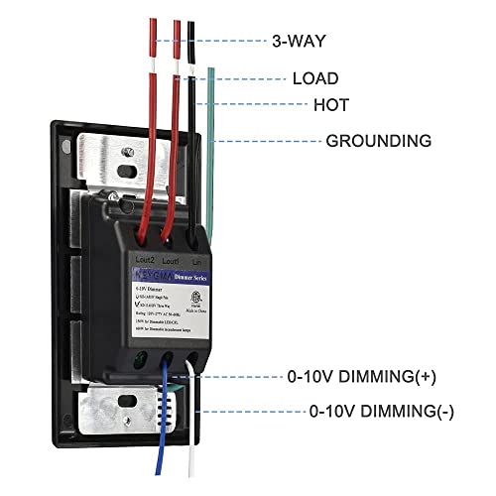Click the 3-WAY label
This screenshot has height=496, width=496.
click(x=299, y=42)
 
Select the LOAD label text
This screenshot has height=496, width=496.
click(x=314, y=78)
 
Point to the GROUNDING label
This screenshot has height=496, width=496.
click(x=378, y=141)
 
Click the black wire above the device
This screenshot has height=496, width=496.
click(x=189, y=149)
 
